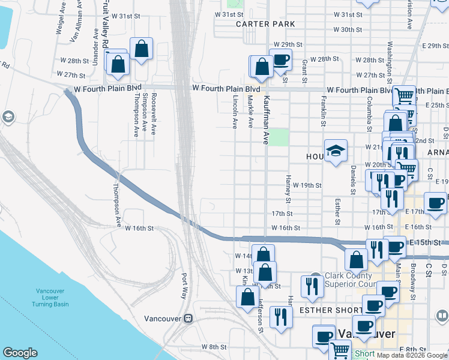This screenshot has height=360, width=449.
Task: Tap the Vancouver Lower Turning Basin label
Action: tap(50, 298)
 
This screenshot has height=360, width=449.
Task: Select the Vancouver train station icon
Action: tap(188, 318)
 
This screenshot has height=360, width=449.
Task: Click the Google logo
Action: tap(20, 353)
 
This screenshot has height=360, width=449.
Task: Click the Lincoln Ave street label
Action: tap(235, 111)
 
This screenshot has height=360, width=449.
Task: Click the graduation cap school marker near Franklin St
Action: tap(336, 151)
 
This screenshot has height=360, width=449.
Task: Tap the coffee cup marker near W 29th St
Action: tap(280, 60)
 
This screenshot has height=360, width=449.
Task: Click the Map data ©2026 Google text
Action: tap(411, 355)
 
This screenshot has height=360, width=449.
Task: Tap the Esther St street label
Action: tap(338, 212)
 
